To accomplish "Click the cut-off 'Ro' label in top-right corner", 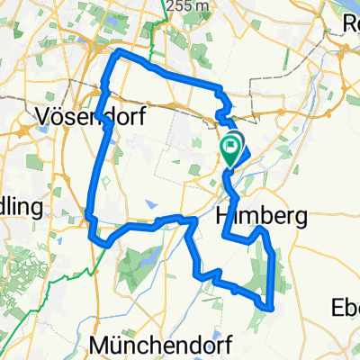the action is click(350, 25).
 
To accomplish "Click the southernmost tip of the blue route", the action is click(269, 308).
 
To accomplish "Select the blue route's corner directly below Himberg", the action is click(225, 237).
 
